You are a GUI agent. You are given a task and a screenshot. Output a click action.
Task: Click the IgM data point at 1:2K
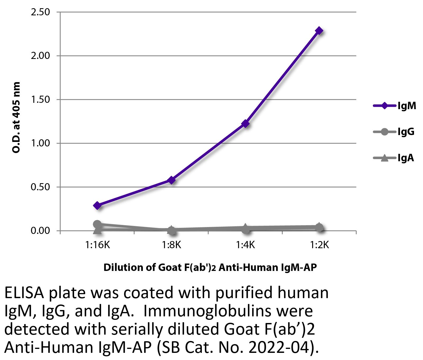[319, 31]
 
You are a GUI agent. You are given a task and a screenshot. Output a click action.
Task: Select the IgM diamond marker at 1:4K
[245, 123]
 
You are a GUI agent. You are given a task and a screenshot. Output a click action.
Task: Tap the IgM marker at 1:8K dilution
[171, 180]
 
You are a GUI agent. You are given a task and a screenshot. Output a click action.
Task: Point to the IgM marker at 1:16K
[97, 205]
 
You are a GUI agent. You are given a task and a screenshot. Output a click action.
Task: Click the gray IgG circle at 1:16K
[97, 224]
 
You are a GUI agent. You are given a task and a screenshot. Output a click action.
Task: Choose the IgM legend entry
[394, 106]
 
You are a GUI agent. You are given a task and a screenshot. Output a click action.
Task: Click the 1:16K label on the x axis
[97, 245]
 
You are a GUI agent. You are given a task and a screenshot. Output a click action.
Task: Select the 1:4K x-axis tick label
[245, 245]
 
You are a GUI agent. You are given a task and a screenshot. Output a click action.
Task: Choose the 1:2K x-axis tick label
[319, 245]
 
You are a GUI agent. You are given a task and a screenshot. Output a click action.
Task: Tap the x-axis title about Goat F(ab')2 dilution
[210, 267]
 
